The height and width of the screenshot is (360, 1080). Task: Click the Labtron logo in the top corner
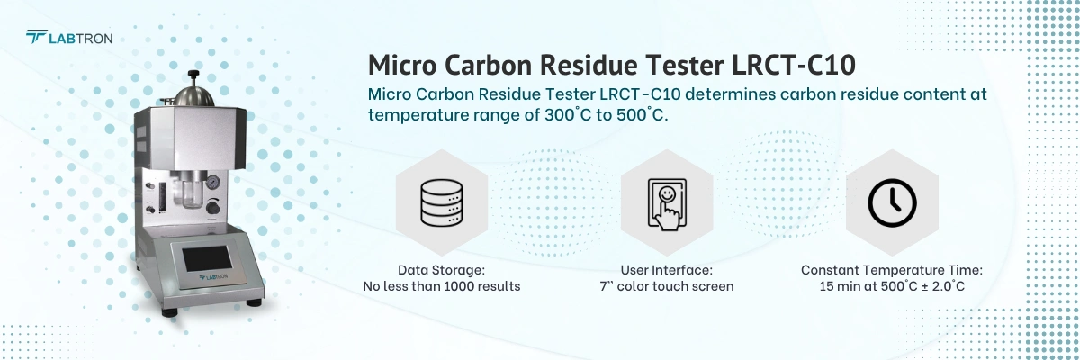68,37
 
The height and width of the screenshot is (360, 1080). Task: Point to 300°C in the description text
569,115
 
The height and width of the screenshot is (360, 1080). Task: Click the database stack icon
441,202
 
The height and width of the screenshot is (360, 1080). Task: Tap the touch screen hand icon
666,203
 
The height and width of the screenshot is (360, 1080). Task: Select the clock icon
891,202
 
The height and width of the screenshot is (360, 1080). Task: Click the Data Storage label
441,269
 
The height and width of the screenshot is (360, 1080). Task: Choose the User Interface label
666,269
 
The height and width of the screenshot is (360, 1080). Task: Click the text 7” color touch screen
666,286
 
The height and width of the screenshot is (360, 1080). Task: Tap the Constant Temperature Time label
891,269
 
